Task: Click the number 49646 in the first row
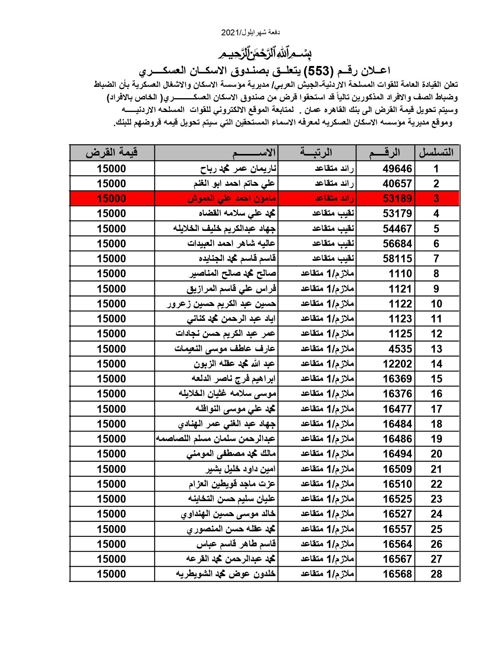(x=397, y=169)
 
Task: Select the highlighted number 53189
(x=397, y=199)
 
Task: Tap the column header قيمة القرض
(x=112, y=152)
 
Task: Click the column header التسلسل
(x=436, y=152)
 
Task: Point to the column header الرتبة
(x=316, y=152)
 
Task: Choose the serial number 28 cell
(x=436, y=574)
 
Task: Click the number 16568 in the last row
(x=397, y=574)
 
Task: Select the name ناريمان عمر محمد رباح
(x=238, y=169)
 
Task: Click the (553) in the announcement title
(x=319, y=71)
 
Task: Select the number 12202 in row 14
(x=397, y=364)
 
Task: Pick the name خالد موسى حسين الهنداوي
(x=228, y=514)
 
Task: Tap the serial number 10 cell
(x=436, y=304)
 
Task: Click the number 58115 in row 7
(x=397, y=259)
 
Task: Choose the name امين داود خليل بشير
(x=240, y=469)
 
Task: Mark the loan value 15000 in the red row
(x=112, y=199)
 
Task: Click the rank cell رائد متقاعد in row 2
(x=334, y=184)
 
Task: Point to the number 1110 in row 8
(x=400, y=274)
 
